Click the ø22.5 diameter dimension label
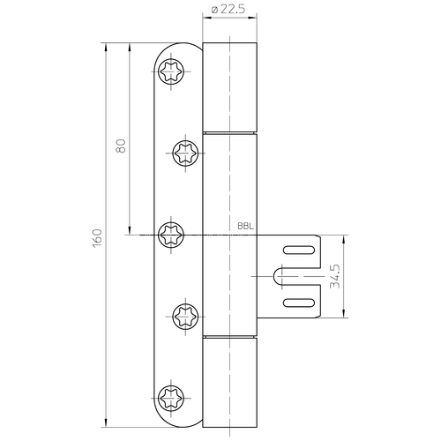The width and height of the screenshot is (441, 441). pyautogui.click(x=228, y=10)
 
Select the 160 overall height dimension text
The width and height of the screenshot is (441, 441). pyautogui.click(x=97, y=238)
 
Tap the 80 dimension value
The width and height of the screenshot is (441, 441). pyautogui.click(x=121, y=146)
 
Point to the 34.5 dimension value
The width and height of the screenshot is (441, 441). pyautogui.click(x=335, y=276)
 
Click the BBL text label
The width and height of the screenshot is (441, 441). pyautogui.click(x=245, y=227)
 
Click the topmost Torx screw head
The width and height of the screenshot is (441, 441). pyautogui.click(x=171, y=71)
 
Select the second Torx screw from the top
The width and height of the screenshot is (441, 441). pyautogui.click(x=185, y=153)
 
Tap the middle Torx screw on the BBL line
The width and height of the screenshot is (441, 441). pyautogui.click(x=171, y=235)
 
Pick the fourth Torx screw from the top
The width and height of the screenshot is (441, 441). pyautogui.click(x=185, y=317)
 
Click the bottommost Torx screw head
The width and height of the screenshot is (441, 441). pyautogui.click(x=171, y=398)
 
